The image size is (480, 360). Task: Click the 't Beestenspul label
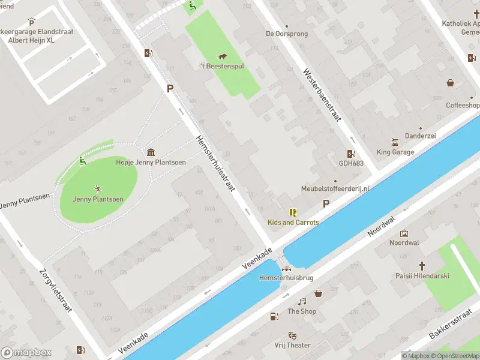tap(222, 67)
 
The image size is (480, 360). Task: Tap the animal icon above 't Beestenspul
tap(222, 56)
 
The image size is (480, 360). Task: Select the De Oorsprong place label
tap(287, 34)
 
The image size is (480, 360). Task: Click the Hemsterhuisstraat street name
tap(215, 163)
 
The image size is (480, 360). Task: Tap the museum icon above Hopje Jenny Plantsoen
tap(150, 152)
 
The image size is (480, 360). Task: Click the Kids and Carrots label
tap(293, 222)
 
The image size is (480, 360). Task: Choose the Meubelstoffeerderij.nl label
tap(335, 189)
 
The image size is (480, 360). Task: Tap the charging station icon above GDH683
tap(350, 153)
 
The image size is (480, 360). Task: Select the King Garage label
tap(395, 152)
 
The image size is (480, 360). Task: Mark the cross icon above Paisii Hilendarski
tap(422, 266)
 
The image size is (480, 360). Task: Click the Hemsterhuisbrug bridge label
tap(286, 278)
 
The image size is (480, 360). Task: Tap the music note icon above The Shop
tap(302, 301)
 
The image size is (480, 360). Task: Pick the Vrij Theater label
tap(292, 345)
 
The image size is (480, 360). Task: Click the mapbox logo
tap(26, 353)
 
